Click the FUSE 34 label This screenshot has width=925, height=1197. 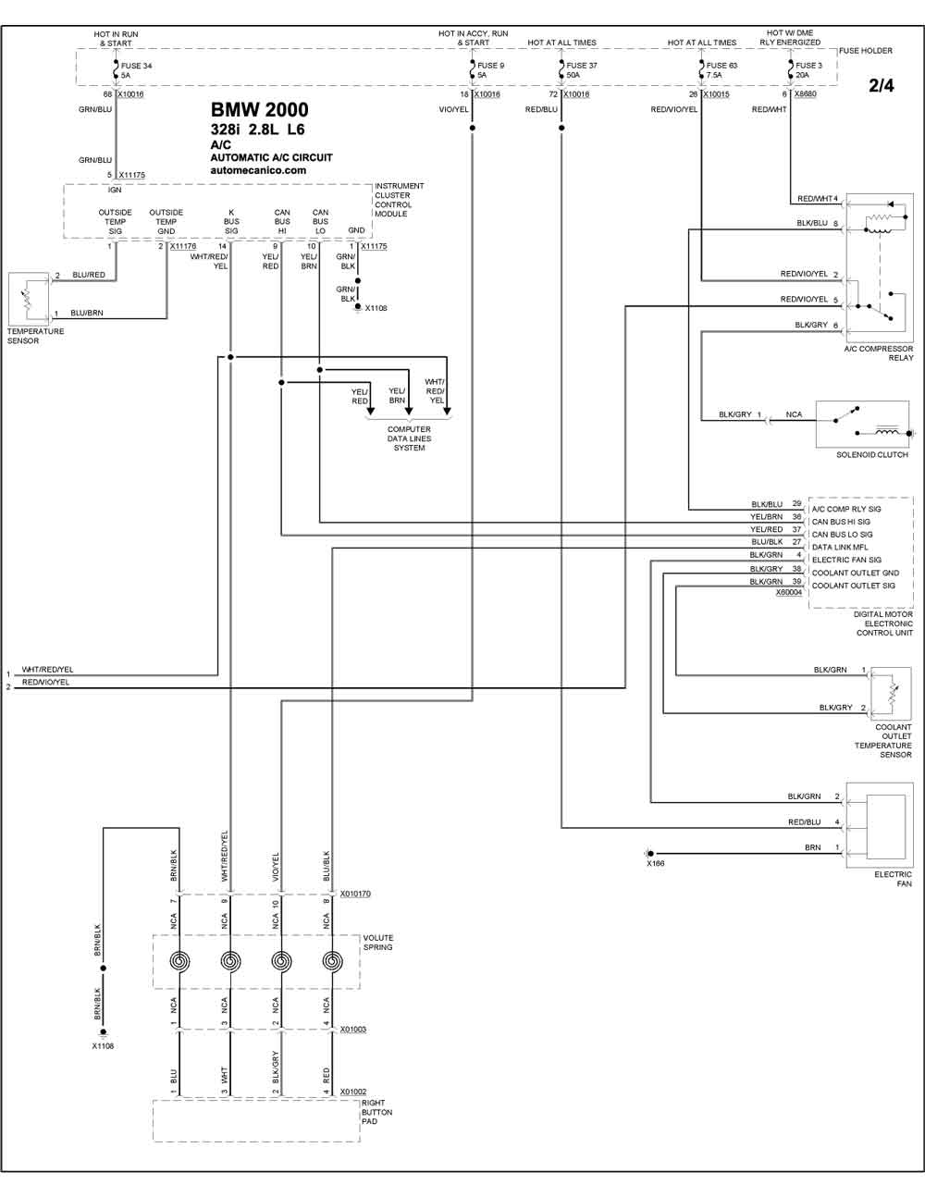[x=136, y=67]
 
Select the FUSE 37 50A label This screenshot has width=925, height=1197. [x=582, y=70]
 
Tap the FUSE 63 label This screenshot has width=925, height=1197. [x=721, y=67]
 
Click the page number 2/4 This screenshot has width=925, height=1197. [x=882, y=86]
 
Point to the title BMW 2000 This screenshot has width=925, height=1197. [x=259, y=111]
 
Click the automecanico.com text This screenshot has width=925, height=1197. [x=258, y=170]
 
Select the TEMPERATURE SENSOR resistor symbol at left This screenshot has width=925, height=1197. [x=26, y=296]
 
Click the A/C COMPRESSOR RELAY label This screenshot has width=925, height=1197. [x=878, y=352]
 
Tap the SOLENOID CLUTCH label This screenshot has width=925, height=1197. [x=872, y=455]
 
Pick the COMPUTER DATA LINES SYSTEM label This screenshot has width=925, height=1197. [x=409, y=438]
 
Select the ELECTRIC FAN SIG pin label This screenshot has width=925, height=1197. [x=846, y=560]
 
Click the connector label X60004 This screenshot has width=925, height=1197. [x=789, y=593]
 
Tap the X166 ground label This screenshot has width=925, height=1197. [x=655, y=863]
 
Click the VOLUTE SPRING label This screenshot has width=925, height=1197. [x=377, y=943]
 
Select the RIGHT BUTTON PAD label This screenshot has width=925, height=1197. [x=376, y=1112]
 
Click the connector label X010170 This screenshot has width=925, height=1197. [x=355, y=895]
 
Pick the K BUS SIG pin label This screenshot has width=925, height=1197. [x=231, y=222]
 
